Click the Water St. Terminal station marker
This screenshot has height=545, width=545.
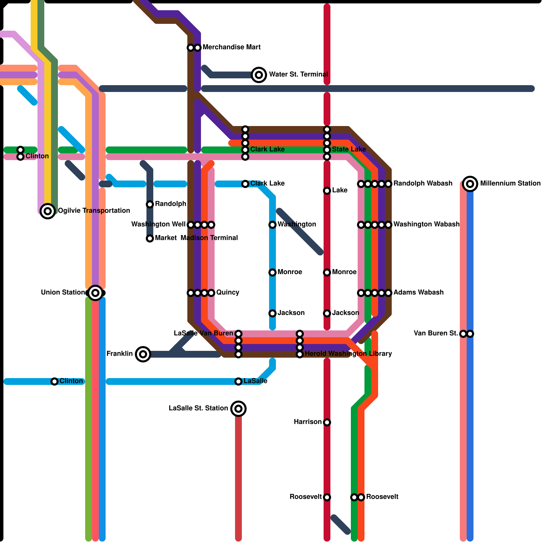tap(259, 75)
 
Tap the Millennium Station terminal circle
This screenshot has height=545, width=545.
tap(470, 184)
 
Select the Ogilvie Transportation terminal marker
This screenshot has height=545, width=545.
tap(48, 211)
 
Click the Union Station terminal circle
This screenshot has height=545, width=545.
tap(95, 293)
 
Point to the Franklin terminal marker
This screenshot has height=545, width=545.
tap(143, 354)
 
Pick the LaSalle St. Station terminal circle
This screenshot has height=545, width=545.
tap(238, 409)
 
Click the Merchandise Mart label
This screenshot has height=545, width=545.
tap(231, 47)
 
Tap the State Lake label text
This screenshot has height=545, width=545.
tap(349, 150)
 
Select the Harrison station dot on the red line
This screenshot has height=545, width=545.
tap(327, 422)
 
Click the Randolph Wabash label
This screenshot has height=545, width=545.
tap(423, 184)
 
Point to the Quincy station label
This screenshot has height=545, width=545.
tap(228, 293)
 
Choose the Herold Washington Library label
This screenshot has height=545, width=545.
tap(348, 354)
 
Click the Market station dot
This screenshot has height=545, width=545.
tap(150, 238)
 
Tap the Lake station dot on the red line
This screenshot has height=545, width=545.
tap(327, 191)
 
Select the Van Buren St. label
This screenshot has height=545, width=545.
tap(436, 333)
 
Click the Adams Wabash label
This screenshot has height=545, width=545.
tap(418, 293)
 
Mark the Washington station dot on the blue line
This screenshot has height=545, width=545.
tap(272, 225)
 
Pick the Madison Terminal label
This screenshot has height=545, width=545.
tap(209, 238)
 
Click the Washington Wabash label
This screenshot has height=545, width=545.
tap(426, 224)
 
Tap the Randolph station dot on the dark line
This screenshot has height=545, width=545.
tap(150, 204)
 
